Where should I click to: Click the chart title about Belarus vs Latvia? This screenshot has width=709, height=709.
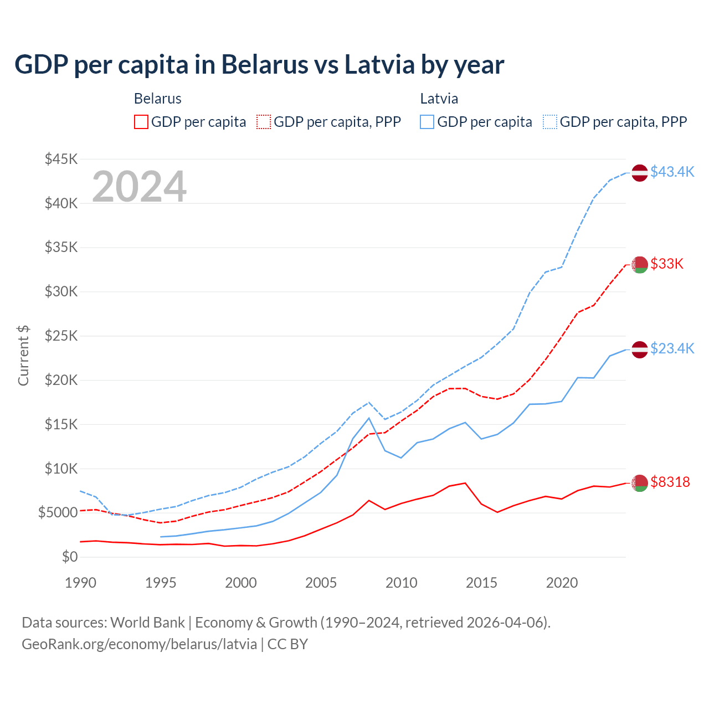tap(259, 65)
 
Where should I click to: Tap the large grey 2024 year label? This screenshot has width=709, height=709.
tap(139, 187)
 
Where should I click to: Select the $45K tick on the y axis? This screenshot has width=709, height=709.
tap(61, 160)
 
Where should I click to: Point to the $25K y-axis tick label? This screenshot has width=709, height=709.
tap(61, 336)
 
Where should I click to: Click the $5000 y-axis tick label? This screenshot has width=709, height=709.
tap(58, 513)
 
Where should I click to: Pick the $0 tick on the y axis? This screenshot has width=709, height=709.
tap(69, 557)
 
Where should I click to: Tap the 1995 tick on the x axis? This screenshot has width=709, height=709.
tap(161, 583)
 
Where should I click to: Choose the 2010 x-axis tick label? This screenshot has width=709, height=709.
tap(401, 583)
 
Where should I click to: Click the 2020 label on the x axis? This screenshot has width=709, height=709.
tap(562, 583)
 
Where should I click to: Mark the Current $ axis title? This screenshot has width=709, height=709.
tap(23, 355)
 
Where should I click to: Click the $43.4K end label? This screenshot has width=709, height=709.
tap(672, 172)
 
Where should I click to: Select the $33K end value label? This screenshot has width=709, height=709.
tap(667, 264)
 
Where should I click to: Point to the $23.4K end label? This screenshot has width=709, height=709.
tap(672, 348)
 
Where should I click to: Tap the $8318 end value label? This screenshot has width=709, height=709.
tap(670, 482)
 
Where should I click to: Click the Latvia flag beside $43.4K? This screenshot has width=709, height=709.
tap(640, 173)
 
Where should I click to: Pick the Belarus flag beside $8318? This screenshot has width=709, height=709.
tap(640, 482)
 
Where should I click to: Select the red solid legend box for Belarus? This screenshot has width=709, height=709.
tap(141, 122)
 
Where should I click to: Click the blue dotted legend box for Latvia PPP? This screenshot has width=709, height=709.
tap(550, 122)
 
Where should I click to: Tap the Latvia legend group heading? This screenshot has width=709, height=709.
tap(439, 99)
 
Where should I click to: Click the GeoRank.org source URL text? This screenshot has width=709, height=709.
tap(139, 644)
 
